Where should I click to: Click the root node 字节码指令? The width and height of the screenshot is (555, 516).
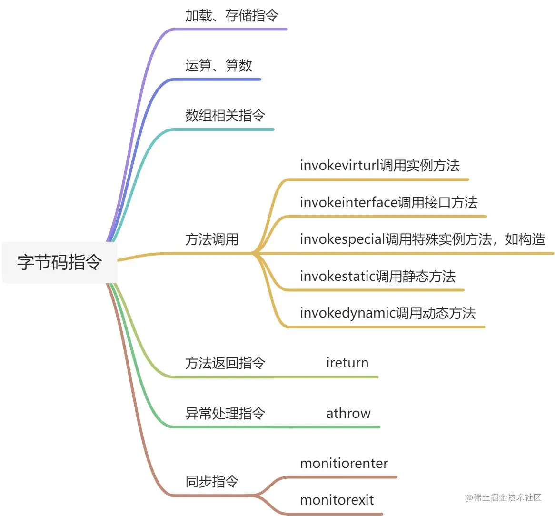(x=59, y=262)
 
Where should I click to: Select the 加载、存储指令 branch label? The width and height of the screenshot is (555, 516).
(x=232, y=16)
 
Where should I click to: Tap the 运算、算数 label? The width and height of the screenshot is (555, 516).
(x=218, y=66)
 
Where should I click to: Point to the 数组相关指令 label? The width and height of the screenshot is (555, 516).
(x=225, y=115)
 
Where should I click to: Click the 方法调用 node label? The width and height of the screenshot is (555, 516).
(x=212, y=239)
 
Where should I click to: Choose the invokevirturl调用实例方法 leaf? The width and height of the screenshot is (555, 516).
(x=379, y=166)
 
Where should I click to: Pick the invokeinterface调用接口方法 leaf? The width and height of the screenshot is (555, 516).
(x=388, y=203)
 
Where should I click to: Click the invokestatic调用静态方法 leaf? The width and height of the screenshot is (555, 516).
(x=377, y=277)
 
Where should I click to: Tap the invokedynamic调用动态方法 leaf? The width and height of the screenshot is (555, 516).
(x=387, y=313)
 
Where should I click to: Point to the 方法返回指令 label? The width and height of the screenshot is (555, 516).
(x=225, y=363)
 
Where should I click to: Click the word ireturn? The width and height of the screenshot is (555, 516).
(x=347, y=363)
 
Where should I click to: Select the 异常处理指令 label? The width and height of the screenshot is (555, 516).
(x=225, y=413)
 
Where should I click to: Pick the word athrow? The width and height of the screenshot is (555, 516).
(x=348, y=413)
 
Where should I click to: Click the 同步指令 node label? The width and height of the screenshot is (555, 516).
(x=212, y=482)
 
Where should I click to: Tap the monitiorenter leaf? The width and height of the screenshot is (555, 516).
(x=344, y=463)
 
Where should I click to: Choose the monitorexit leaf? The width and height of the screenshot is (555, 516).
(x=337, y=500)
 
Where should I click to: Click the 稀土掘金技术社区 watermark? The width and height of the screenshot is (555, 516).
(x=504, y=498)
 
